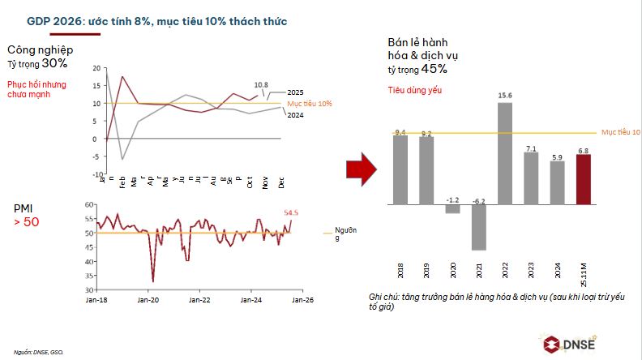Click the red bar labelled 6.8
pyautogui.click(x=584, y=179)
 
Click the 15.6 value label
pyautogui.click(x=504, y=96)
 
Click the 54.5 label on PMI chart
pyautogui.click(x=292, y=212)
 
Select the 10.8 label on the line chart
pyautogui.click(x=261, y=84)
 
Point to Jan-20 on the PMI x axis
pyautogui.click(x=148, y=300)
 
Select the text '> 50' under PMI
pyautogui.click(x=27, y=221)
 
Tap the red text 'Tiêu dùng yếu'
pyautogui.click(x=412, y=90)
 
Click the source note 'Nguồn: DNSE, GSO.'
pyautogui.click(x=38, y=352)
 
